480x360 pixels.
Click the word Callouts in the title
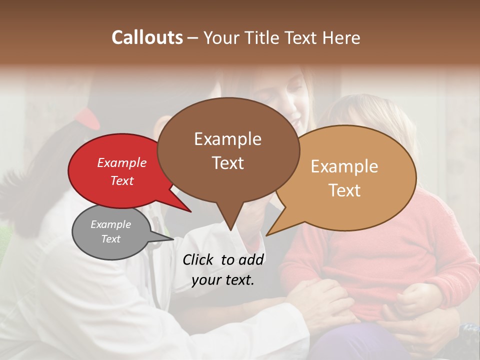(147, 37)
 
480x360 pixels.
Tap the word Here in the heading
(340, 38)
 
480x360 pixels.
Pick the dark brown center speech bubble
(228, 150)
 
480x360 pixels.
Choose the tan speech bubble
(350, 177)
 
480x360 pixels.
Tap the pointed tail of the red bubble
(186, 207)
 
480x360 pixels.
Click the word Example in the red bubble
(121, 162)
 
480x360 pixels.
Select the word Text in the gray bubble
(110, 239)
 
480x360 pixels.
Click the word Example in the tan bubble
(344, 166)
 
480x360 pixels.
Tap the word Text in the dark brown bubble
(228, 163)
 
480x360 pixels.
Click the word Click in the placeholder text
(199, 259)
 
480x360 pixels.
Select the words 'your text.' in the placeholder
(222, 280)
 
